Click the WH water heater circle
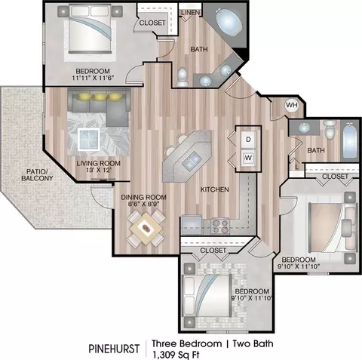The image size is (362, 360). coord(292,105)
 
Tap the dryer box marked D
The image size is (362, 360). coord(248,139)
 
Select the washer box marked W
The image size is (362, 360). coord(248,158)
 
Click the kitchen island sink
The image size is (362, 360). coord(192,161)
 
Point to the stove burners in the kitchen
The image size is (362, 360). coord(220,226)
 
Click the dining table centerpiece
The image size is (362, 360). coord(146,228)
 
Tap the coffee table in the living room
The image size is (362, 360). coord(89,139)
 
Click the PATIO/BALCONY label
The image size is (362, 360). coord(37,175)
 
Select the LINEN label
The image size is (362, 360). coord(191,12)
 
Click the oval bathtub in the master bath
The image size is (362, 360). coord(229,23)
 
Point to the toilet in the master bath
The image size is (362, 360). coord(182,77)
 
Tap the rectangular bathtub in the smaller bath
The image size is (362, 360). coord(350,140)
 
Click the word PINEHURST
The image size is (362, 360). coord(114,349)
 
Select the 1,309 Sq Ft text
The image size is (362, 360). coord(176,355)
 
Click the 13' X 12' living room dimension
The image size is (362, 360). coord(99,170)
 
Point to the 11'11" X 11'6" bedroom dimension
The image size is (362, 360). coord(93,78)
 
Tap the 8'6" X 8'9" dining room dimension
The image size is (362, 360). coord(143,204)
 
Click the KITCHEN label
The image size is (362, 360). coord(214,189)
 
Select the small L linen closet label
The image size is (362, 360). coord(297,167)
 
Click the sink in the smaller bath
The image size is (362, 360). coord(304,128)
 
